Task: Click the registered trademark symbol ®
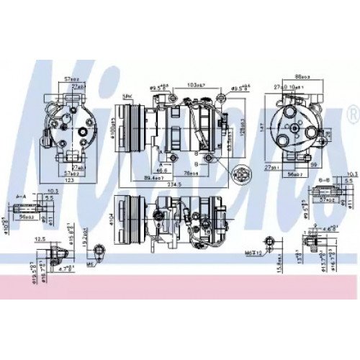coord(352,113)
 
